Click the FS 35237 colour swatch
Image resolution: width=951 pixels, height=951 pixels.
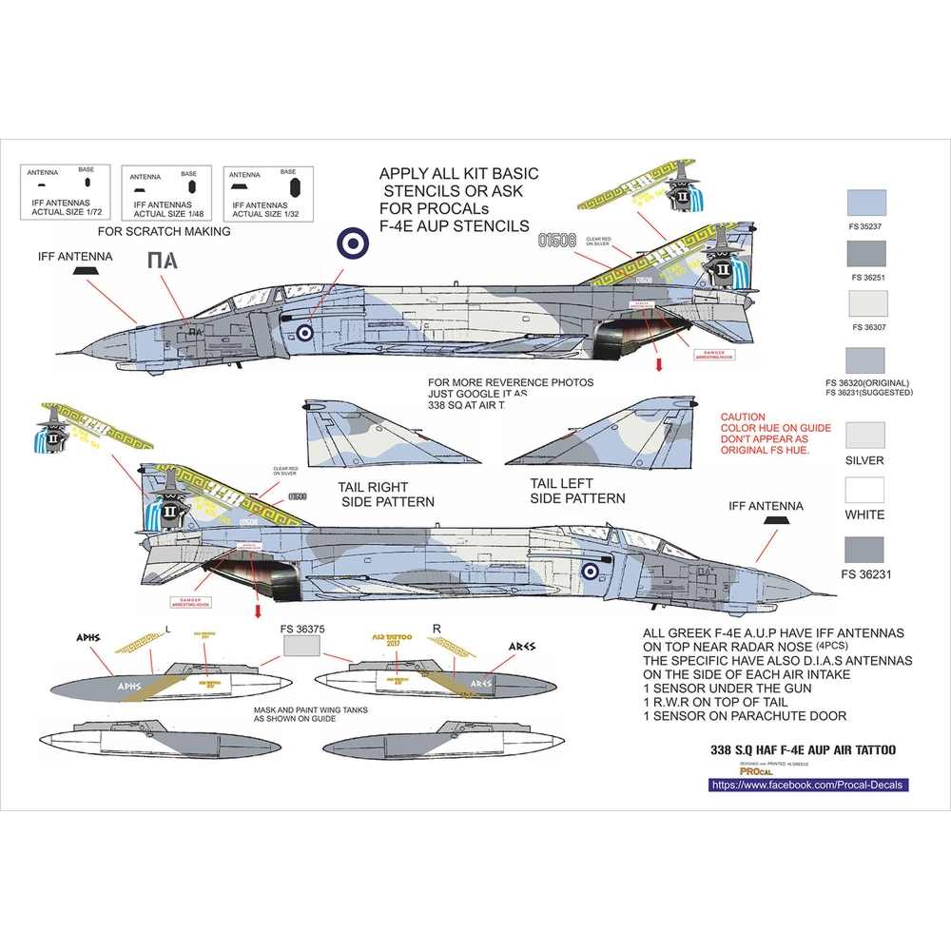point(865,203)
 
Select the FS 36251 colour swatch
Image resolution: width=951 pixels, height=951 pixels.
point(865,253)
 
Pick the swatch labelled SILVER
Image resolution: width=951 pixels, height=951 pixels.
point(865,434)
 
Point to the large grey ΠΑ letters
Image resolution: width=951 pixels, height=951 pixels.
point(163,262)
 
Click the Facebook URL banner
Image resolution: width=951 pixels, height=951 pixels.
point(808,785)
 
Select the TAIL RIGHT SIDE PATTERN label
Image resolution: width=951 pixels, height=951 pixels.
point(386,494)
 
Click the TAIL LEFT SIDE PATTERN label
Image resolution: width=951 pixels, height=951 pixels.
point(577,491)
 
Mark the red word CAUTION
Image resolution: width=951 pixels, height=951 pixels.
point(743,417)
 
